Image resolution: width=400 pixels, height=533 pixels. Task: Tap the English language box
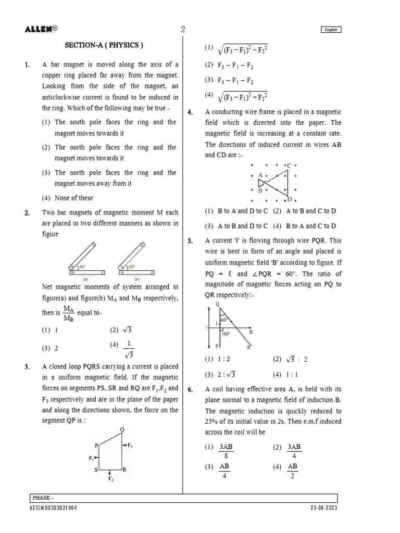coord(331,30)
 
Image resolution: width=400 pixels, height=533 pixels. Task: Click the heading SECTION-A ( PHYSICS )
coord(103,45)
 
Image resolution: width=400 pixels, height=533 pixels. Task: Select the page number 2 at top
coord(183,30)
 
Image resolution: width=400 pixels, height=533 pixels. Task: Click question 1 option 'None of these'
coord(74,198)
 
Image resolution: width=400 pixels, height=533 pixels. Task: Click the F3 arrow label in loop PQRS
coord(130,446)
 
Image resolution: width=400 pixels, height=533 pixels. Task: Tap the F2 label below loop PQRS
coord(110,478)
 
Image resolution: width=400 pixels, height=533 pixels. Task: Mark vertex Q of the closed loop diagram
coord(122,429)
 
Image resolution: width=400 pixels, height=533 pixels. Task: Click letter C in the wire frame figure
coord(289,166)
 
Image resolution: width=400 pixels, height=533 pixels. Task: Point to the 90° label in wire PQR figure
coord(226,334)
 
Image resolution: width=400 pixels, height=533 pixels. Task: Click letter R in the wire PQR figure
coord(249,347)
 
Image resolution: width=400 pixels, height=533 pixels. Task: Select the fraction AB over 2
coord(293,471)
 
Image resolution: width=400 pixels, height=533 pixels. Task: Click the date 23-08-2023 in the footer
coord(323,508)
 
